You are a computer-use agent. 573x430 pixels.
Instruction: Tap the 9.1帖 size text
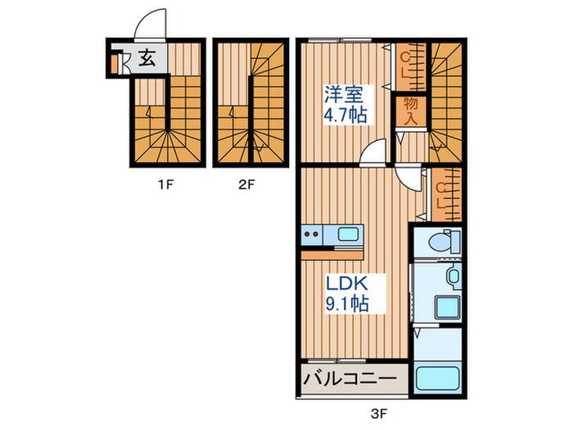point(348,304)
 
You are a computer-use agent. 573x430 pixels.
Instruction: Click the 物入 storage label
point(411,110)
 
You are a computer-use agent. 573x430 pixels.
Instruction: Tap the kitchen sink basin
point(349,234)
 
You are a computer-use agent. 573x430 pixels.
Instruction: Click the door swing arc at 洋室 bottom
point(373,152)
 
